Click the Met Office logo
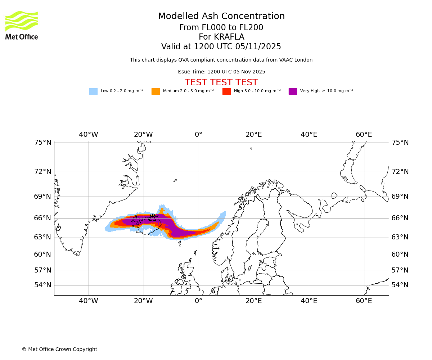point(22,25)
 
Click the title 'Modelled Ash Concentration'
point(221,17)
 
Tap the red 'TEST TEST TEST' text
point(221,82)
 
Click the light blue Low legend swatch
point(93,91)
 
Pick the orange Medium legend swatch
point(156,91)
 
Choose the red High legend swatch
point(226,91)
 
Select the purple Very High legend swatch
point(293,91)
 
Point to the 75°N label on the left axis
point(43,143)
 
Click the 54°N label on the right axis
point(400,285)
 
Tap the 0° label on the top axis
point(198,135)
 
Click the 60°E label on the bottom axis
point(364,301)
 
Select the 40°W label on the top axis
point(89,135)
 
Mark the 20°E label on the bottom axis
point(253,301)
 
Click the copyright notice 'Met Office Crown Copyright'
point(59,349)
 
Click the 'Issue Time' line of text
point(221,72)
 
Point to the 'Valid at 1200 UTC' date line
point(221,47)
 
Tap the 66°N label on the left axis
point(43,218)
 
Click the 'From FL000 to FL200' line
point(221,28)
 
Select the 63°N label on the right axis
point(400,237)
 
